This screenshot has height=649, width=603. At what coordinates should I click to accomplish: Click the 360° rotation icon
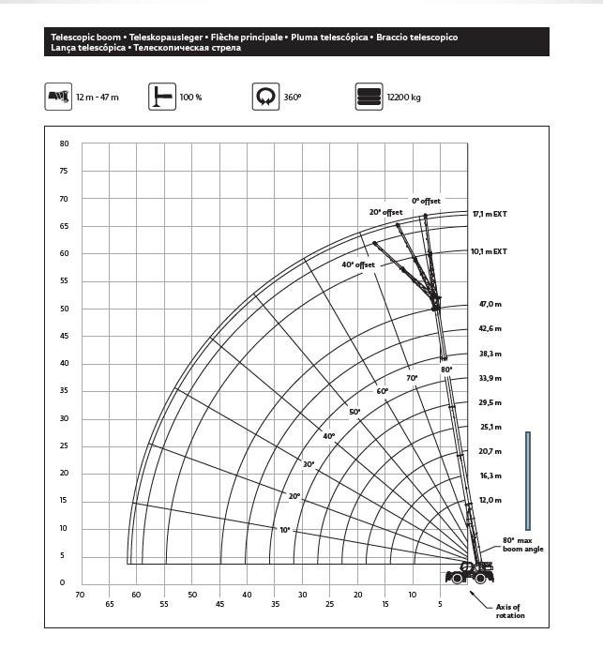tap(265, 97)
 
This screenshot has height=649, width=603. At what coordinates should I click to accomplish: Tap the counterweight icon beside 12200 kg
tap(368, 97)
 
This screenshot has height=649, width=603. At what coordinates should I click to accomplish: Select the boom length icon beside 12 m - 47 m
tap(59, 97)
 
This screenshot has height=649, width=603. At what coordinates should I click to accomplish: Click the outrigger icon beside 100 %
tap(161, 97)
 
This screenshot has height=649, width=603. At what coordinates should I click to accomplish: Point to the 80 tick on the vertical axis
tap(65, 143)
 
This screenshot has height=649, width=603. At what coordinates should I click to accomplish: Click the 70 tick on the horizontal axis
tap(80, 595)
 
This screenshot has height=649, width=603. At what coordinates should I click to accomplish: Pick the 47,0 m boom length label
tap(490, 305)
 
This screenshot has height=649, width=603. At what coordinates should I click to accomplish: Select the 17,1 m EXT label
tap(490, 214)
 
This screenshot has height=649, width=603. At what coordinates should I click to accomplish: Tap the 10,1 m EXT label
tap(490, 251)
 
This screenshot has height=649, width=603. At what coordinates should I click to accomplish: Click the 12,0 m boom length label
tap(490, 500)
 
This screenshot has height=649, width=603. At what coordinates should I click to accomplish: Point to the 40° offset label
tap(358, 264)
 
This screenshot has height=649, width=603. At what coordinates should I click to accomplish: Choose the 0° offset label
tap(426, 201)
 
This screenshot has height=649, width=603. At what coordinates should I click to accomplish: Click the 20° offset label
tap(385, 212)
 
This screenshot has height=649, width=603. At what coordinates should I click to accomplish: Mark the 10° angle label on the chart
tap(285, 530)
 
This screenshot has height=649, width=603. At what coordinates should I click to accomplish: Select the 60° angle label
tap(382, 390)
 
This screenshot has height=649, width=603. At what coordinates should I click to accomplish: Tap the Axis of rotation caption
tap(509, 611)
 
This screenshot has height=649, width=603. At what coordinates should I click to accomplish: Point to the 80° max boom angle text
tap(522, 545)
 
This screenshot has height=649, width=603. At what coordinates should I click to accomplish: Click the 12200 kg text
tap(403, 97)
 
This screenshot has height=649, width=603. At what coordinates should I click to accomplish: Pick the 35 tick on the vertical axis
tap(65, 390)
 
